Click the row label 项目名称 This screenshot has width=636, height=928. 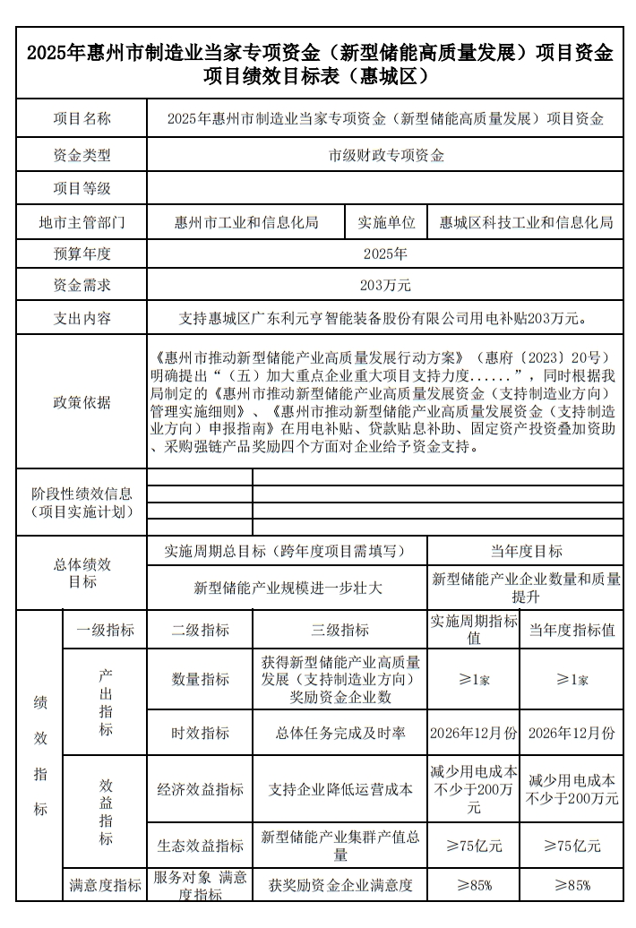point(82,118)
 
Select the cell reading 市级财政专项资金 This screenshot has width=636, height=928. point(386,154)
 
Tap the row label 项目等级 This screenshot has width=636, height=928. point(82,188)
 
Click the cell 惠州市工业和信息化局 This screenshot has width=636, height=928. point(246,222)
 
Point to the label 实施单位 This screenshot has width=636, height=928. point(386,222)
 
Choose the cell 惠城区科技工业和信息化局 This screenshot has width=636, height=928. point(526,222)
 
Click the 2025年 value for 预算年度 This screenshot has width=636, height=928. point(386,254)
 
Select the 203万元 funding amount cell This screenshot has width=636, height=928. point(386,286)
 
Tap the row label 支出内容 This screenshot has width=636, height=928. point(82,318)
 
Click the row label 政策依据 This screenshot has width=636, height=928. point(82,402)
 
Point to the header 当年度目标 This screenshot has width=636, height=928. point(526,551)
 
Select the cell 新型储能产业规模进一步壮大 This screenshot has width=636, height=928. point(288,588)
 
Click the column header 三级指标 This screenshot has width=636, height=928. point(339,630)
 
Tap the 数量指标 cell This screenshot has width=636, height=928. point(201,680)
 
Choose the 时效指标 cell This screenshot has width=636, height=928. point(201,734)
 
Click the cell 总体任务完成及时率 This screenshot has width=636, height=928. point(339,734)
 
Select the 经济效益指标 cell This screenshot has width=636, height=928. point(201,789)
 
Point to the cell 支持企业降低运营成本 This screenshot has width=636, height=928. point(339,789)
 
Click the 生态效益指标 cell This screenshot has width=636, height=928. point(201,846)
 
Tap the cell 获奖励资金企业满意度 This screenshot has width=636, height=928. point(339,885)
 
